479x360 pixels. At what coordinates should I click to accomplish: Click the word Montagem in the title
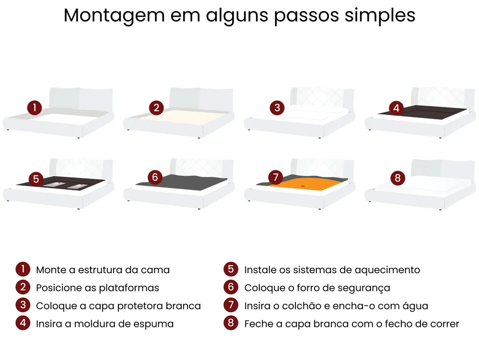(x=114, y=15)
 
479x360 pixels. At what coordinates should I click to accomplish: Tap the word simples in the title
(x=380, y=15)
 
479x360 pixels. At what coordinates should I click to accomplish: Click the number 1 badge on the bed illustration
(x=35, y=107)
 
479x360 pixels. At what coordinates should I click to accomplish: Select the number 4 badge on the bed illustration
(x=396, y=108)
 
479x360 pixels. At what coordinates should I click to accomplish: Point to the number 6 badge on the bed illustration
(x=155, y=177)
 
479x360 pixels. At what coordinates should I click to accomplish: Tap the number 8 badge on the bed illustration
(x=397, y=178)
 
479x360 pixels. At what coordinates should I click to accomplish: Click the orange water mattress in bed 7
(x=305, y=185)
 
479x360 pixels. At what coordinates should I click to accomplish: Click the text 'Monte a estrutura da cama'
(x=103, y=270)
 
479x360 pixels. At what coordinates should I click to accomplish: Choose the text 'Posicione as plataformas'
(x=97, y=288)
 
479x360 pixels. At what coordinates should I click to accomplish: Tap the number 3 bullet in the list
(x=23, y=305)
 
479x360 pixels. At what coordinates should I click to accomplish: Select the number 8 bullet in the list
(x=231, y=323)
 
